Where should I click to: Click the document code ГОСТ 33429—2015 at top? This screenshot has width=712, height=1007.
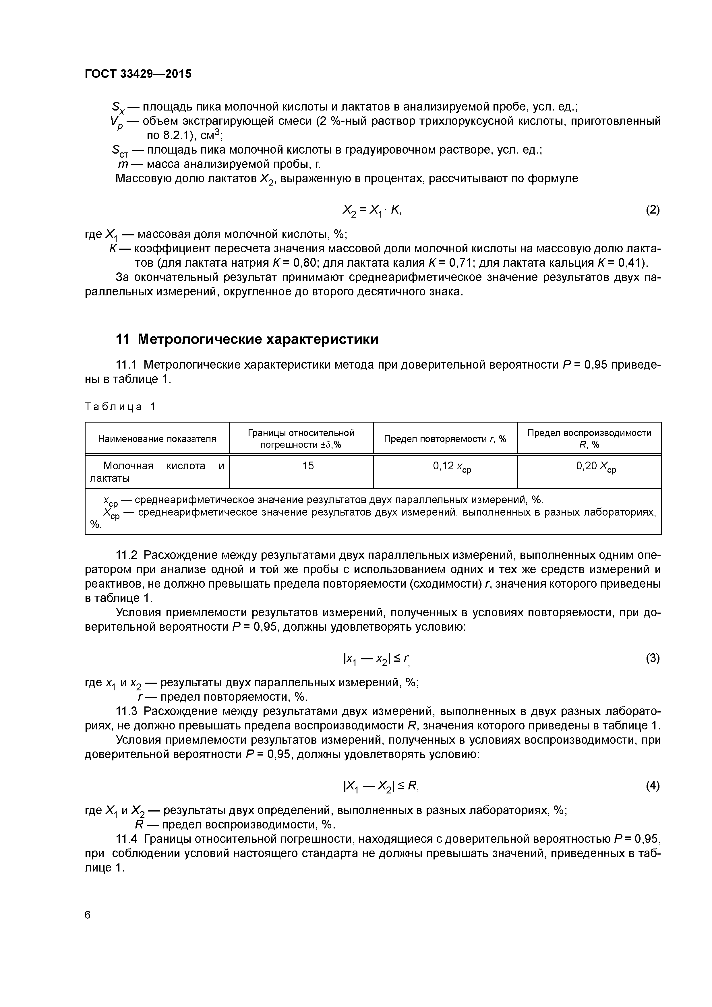(138, 74)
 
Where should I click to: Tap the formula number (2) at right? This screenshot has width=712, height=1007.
(652, 210)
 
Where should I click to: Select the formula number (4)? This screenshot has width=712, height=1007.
(652, 786)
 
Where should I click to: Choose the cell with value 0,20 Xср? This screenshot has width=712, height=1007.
(596, 467)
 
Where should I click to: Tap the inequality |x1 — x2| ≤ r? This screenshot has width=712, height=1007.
(376, 659)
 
